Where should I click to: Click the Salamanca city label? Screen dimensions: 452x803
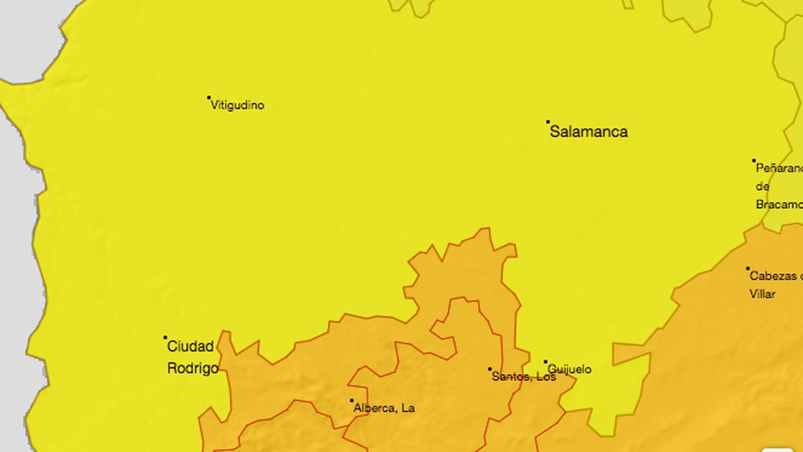point(589,132)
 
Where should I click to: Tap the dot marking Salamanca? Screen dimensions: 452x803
point(548,122)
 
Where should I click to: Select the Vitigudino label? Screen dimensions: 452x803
point(237,105)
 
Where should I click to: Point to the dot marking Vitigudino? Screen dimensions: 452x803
point(209,97)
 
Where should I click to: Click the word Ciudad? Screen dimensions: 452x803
point(190,347)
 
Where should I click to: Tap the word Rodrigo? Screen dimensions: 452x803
point(193,368)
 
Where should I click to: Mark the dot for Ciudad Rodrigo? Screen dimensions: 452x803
point(165,337)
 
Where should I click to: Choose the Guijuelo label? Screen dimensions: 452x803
point(570,370)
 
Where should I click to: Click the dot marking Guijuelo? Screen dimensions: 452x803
point(546,362)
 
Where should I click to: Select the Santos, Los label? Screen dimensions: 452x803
point(523,377)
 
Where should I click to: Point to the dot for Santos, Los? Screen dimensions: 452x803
point(490,369)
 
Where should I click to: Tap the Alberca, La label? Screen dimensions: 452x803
point(384,408)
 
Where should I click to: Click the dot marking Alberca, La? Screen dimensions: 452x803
point(352,401)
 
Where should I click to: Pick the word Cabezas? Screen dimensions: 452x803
point(774,276)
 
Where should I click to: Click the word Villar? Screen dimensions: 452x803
point(762,294)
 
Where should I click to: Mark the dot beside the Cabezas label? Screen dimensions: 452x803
point(748,269)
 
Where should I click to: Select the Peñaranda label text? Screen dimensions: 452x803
point(779,169)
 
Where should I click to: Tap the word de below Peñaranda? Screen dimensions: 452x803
point(762,187)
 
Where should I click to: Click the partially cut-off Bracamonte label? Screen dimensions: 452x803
point(779,205)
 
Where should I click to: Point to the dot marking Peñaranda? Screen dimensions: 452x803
point(754,161)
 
